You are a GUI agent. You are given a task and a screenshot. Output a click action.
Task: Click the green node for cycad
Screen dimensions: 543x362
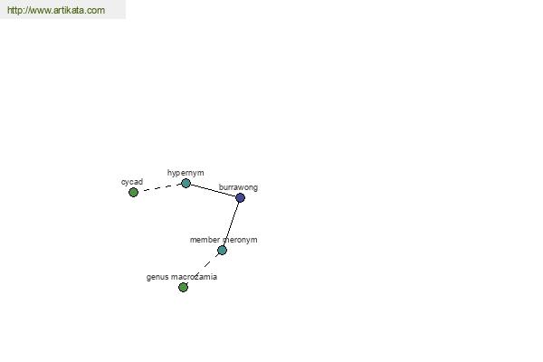pyautogui.click(x=133, y=192)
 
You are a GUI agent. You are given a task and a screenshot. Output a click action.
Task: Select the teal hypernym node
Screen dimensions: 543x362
pyautogui.click(x=186, y=183)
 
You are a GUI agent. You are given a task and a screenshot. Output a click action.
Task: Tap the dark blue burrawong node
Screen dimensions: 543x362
pyautogui.click(x=240, y=198)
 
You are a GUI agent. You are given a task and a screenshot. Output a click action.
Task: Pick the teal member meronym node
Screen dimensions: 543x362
pyautogui.click(x=222, y=250)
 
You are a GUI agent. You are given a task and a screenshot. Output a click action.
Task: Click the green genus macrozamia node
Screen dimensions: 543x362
pyautogui.click(x=183, y=287)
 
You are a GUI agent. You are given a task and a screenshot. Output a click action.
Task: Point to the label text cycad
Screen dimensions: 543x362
pyautogui.click(x=132, y=182)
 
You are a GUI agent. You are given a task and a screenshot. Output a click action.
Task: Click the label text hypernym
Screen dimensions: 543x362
pyautogui.click(x=186, y=173)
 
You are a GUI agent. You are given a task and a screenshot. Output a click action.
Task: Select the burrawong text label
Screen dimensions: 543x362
pyautogui.click(x=238, y=187)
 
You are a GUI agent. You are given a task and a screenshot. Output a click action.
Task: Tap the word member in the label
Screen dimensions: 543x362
pyautogui.click(x=205, y=240)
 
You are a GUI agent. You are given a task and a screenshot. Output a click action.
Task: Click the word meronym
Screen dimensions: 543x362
pyautogui.click(x=240, y=240)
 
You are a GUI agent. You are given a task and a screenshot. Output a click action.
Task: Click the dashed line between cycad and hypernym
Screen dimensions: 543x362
pyautogui.click(x=159, y=187)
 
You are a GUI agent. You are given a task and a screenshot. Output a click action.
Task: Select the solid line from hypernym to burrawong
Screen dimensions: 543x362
pyautogui.click(x=213, y=191)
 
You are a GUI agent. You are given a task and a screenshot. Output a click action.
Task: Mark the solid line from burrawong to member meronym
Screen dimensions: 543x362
pyautogui.click(x=231, y=224)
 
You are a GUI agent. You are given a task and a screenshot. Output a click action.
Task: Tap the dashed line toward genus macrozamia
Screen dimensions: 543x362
pyautogui.click(x=203, y=269)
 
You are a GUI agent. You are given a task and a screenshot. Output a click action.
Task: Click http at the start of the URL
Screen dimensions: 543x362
pyautogui.click(x=14, y=10)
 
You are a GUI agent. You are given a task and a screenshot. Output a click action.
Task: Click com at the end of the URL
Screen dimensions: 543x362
pyautogui.click(x=96, y=10)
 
